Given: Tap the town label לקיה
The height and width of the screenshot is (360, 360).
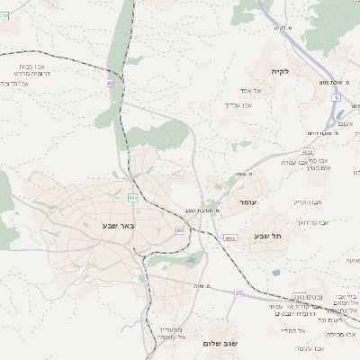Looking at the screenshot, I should [x=279, y=71].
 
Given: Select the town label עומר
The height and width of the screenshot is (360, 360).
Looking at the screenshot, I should [x=248, y=203].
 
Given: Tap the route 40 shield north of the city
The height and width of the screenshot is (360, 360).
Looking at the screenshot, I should [x=110, y=83].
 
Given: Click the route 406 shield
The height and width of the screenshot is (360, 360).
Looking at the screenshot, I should [x=133, y=197].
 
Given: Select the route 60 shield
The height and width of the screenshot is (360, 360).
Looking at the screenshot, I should [x=180, y=230].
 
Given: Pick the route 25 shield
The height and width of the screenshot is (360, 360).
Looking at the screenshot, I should [x=238, y=292].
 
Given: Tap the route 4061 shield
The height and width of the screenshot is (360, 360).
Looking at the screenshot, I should [x=230, y=238].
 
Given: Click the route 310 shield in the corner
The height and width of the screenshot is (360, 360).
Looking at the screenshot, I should [x=4, y=15].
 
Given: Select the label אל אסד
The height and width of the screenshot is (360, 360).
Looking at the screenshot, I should [x=251, y=91].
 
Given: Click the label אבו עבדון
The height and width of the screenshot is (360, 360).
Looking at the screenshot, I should [x=238, y=104].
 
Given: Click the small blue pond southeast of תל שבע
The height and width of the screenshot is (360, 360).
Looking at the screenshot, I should [x=275, y=272].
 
